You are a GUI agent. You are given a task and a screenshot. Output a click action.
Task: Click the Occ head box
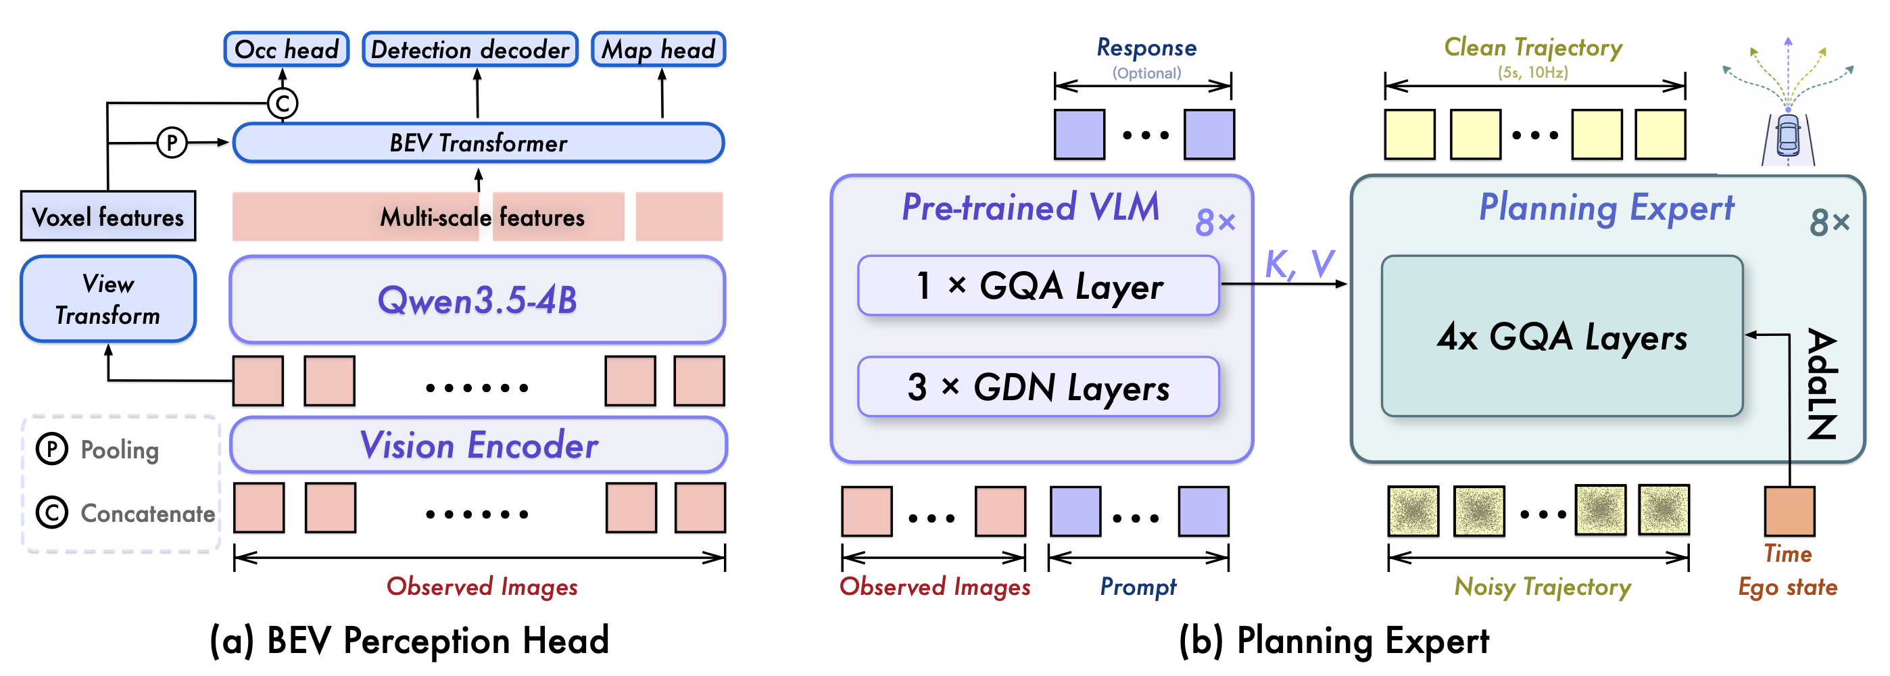pyautogui.click(x=286, y=49)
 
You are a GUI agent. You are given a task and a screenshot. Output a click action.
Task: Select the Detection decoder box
pyautogui.click(x=470, y=49)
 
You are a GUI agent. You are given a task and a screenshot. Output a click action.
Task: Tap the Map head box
pyautogui.click(x=658, y=49)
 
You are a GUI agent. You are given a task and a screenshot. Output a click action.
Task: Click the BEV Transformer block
pyautogui.click(x=479, y=143)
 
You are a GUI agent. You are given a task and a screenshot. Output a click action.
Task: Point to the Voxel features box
pyautogui.click(x=108, y=216)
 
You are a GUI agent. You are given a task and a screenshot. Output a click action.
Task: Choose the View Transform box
pyautogui.click(x=108, y=299)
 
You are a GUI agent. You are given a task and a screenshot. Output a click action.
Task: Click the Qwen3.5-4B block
pyautogui.click(x=478, y=299)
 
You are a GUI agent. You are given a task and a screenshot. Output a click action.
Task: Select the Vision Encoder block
pyautogui.click(x=479, y=445)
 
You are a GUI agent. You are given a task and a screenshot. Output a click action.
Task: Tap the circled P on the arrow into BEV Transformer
pyautogui.click(x=172, y=142)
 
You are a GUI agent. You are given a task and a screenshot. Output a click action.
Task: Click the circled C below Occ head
pyautogui.click(x=283, y=103)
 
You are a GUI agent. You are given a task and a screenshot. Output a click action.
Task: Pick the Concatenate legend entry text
pyautogui.click(x=147, y=513)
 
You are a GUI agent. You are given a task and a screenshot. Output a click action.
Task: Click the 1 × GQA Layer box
pyautogui.click(x=1038, y=285)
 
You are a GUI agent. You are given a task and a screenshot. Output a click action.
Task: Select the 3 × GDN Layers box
pyautogui.click(x=1038, y=387)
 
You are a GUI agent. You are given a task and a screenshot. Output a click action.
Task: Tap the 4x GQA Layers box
pyautogui.click(x=1561, y=336)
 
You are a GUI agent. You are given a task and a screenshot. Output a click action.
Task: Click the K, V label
pyautogui.click(x=1299, y=264)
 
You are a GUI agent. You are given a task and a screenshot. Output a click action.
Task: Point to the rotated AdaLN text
pyautogui.click(x=1822, y=383)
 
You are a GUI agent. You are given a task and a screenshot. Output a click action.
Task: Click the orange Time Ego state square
pyautogui.click(x=1789, y=511)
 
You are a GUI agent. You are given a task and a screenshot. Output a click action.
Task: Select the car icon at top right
pyautogui.click(x=1788, y=136)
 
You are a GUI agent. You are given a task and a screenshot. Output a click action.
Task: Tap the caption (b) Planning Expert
pyautogui.click(x=1334, y=640)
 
